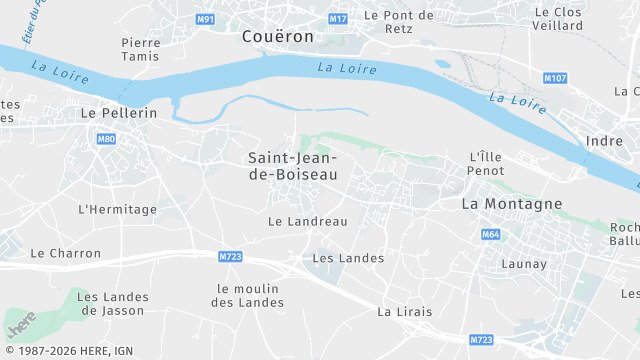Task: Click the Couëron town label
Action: (277, 36)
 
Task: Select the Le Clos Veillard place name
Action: (558, 20)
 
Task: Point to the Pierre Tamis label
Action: (140, 49)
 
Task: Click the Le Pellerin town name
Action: (118, 113)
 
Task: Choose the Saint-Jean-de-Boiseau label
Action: (293, 166)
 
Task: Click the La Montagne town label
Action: (511, 203)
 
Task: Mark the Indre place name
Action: (604, 141)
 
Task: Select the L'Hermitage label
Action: (117, 209)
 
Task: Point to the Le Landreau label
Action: (308, 221)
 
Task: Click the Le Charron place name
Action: (66, 253)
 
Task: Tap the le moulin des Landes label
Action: (250, 295)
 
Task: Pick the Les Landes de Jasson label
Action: (113, 303)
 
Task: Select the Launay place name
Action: (524, 264)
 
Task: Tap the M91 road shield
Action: (205, 20)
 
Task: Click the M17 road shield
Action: (338, 20)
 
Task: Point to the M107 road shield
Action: (555, 78)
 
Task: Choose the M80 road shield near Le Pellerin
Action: (106, 139)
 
